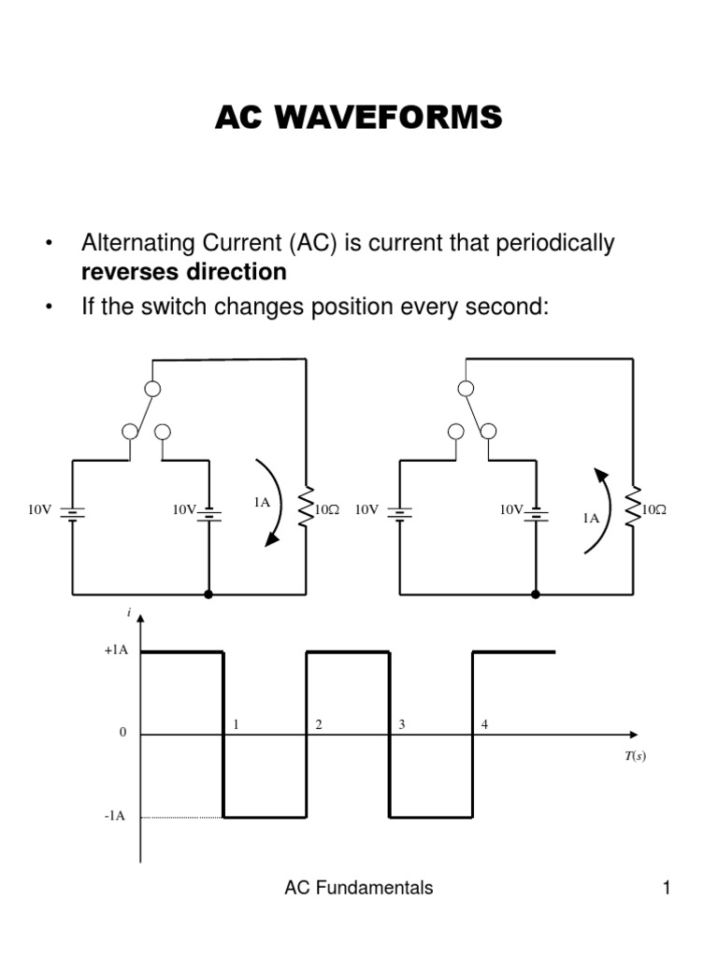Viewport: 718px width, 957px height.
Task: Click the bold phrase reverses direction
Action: click(184, 272)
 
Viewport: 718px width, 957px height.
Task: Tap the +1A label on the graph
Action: click(116, 651)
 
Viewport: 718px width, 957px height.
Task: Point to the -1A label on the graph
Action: click(115, 817)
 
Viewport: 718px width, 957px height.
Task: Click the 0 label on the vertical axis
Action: click(122, 734)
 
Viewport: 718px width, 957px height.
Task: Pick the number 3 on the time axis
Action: click(402, 724)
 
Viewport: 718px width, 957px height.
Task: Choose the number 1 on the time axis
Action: click(237, 724)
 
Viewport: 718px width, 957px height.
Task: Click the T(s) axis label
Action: click(636, 756)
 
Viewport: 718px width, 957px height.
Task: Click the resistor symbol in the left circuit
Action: click(306, 510)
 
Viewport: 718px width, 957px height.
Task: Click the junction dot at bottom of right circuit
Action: click(536, 593)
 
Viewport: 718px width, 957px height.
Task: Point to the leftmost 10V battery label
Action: click(40, 510)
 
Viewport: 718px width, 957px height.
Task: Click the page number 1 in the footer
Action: click(668, 889)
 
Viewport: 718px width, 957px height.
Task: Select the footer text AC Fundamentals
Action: click(359, 889)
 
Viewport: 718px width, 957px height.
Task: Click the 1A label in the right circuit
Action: click(591, 518)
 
